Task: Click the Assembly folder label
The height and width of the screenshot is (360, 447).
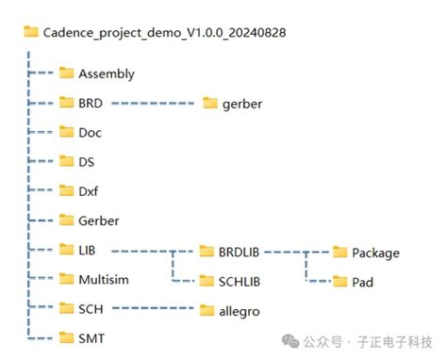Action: (x=107, y=74)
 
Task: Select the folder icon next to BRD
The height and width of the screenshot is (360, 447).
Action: (x=66, y=103)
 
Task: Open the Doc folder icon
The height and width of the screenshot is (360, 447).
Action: (x=66, y=133)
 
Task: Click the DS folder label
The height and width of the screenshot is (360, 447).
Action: (x=88, y=162)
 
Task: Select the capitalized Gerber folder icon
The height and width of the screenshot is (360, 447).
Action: (x=66, y=221)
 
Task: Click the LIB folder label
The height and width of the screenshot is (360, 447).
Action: (x=90, y=251)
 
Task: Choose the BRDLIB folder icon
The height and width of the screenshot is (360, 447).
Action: (x=207, y=252)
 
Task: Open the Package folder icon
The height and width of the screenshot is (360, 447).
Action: (x=339, y=253)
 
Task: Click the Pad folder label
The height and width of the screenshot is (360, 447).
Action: (x=364, y=282)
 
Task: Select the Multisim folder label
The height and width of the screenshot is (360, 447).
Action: (x=104, y=280)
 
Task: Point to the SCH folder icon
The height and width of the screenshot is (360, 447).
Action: (x=66, y=309)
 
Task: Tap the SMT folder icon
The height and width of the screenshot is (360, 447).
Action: (x=66, y=338)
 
